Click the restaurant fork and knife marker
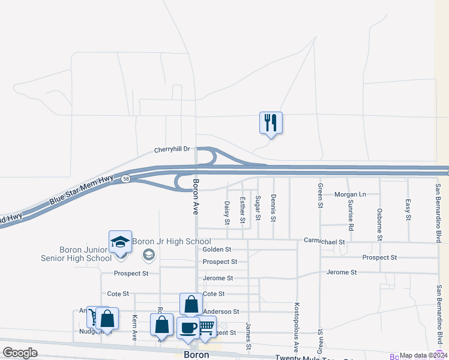271,122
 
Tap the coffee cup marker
188,328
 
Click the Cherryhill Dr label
172,149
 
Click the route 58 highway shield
125,179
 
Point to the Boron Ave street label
196,196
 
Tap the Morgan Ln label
350,194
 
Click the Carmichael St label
324,242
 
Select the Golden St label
217,249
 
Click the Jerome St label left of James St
218,278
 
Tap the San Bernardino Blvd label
438,213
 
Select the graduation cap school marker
120,242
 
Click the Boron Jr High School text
172,241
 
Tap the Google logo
20,352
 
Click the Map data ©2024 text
423,355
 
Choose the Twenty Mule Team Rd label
313,358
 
